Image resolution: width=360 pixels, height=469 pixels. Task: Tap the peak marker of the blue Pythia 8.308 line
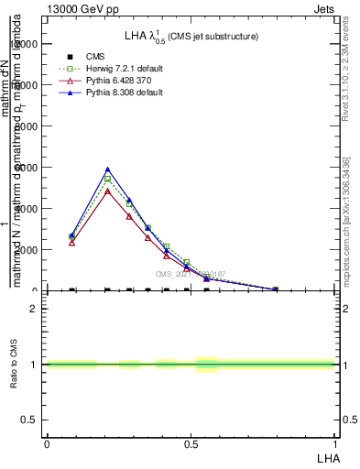(107, 169)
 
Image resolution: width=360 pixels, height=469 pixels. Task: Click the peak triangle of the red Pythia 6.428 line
(107, 191)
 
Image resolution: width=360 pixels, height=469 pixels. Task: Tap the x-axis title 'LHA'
(327, 457)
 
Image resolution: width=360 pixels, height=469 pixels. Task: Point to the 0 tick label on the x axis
(47, 442)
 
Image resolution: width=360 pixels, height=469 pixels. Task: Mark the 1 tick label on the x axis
(335, 442)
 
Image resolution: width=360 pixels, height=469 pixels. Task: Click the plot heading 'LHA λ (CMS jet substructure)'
(191, 36)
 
